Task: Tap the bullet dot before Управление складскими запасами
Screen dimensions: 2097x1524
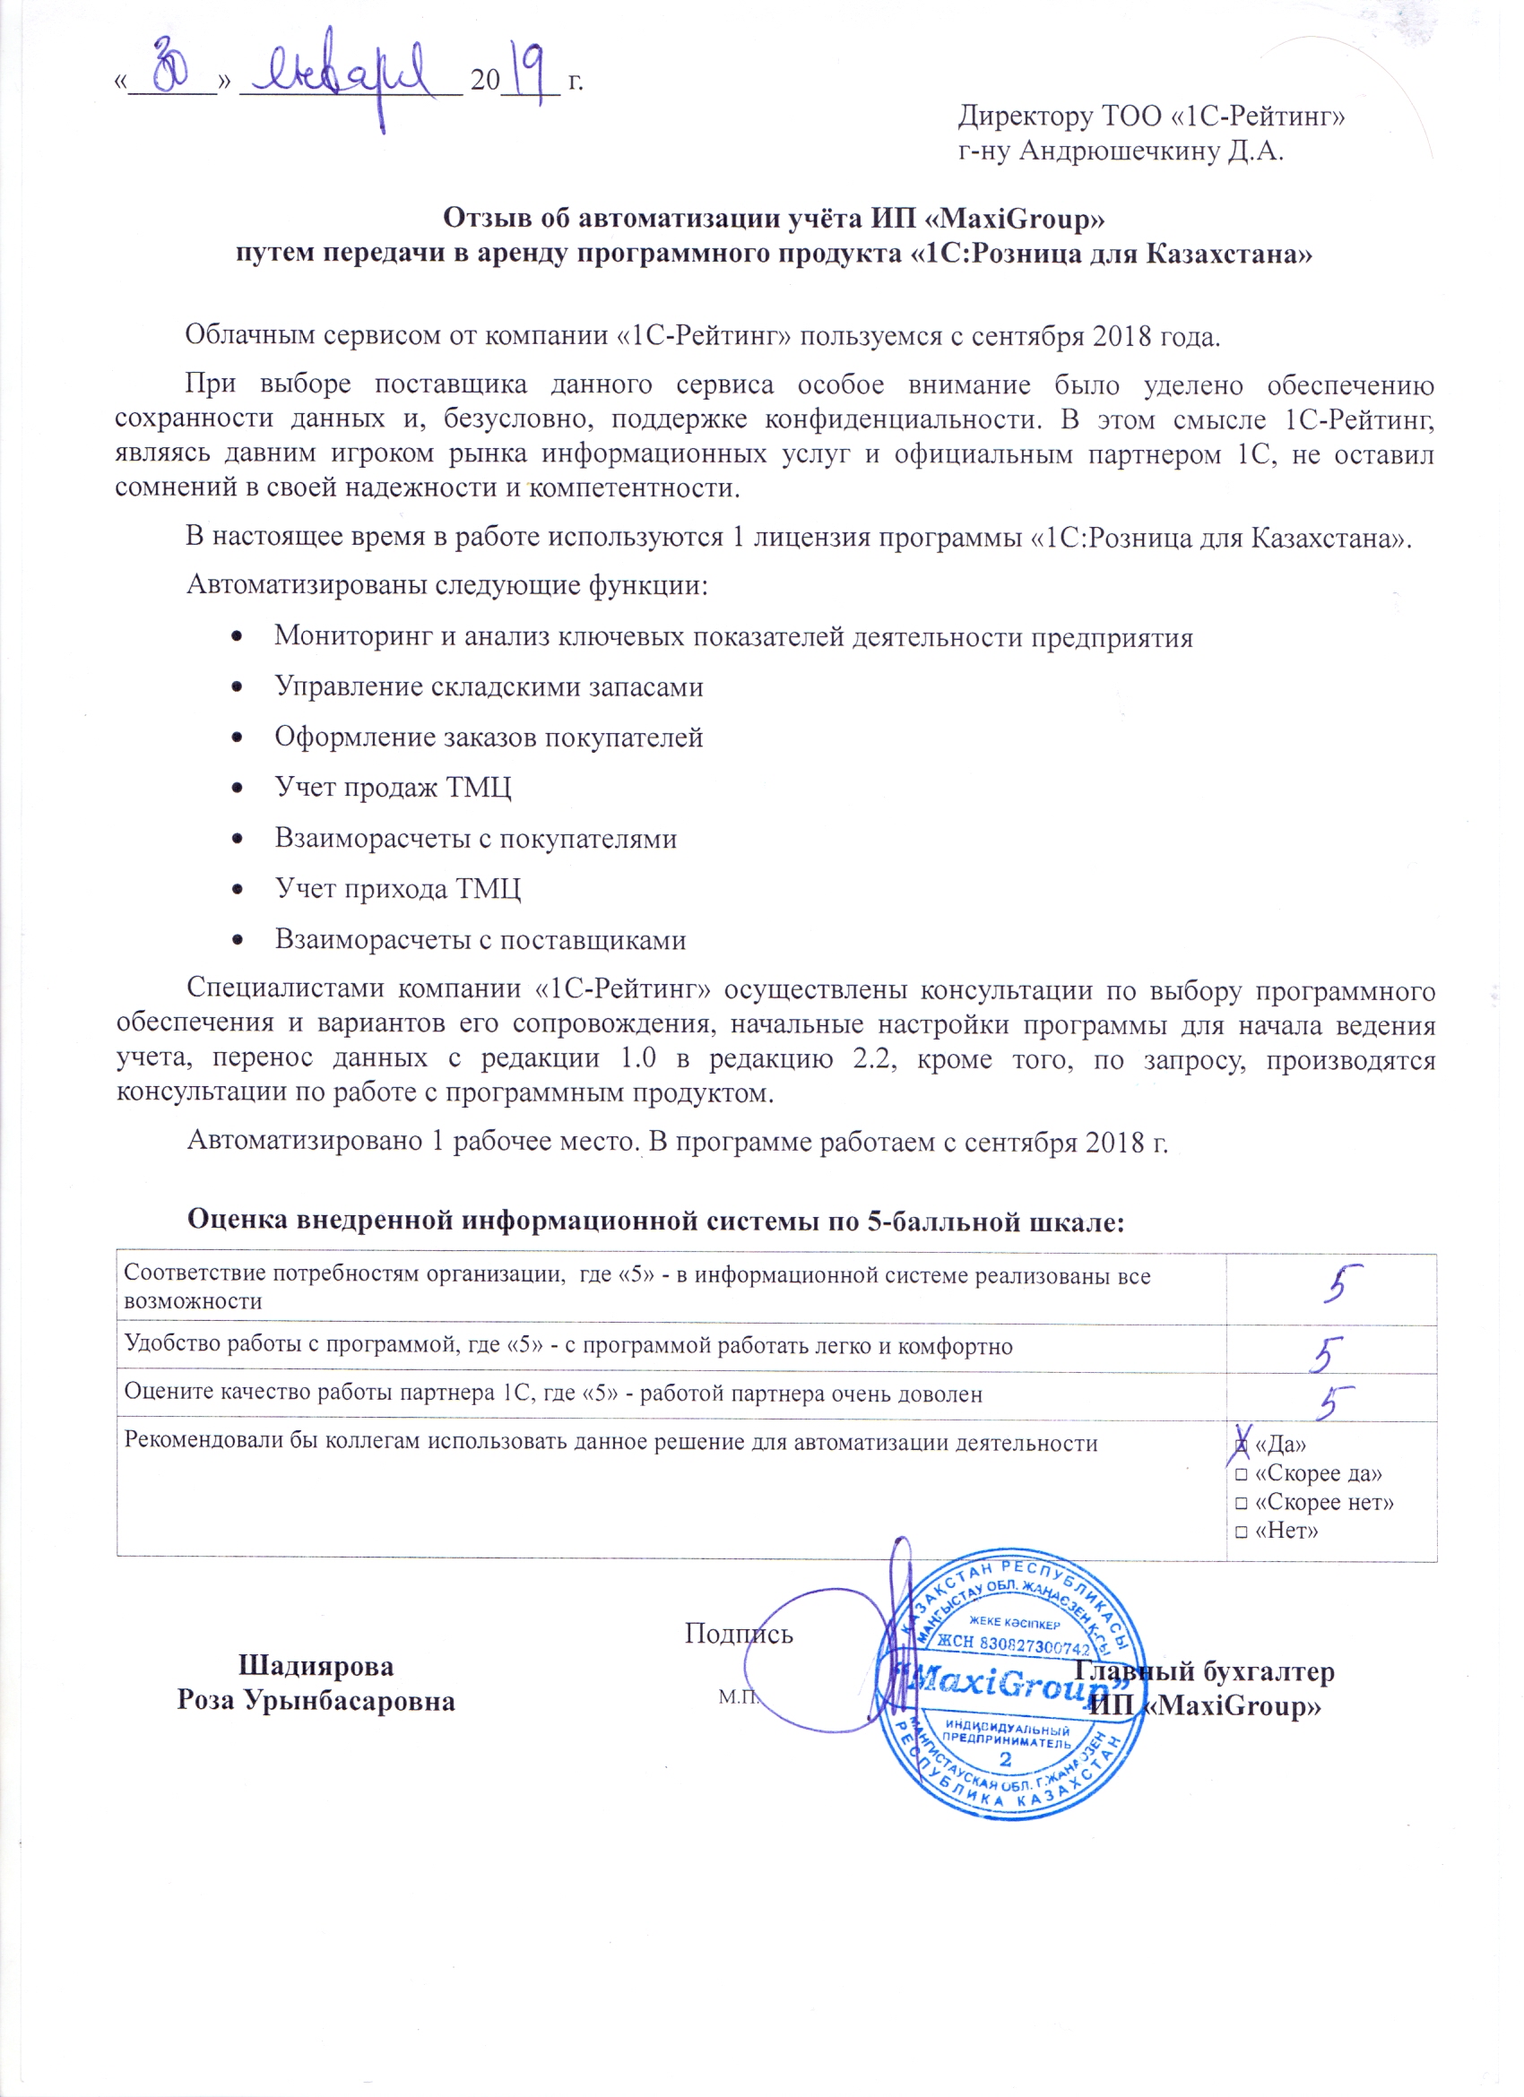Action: pos(238,687)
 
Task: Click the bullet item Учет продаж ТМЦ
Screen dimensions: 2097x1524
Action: pos(393,788)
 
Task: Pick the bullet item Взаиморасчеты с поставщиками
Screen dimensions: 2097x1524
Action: pos(480,940)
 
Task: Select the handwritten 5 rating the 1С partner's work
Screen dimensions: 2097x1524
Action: pos(1336,1402)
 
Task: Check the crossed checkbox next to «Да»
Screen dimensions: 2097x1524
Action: pos(1242,1445)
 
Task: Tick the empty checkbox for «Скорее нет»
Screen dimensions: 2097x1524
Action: pos(1242,1504)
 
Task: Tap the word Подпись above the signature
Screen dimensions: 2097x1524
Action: pos(739,1634)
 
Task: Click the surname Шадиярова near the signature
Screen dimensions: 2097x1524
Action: pos(316,1667)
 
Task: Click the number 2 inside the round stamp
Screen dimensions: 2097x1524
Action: pos(1005,1758)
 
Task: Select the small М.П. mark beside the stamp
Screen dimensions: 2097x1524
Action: pos(738,1697)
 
